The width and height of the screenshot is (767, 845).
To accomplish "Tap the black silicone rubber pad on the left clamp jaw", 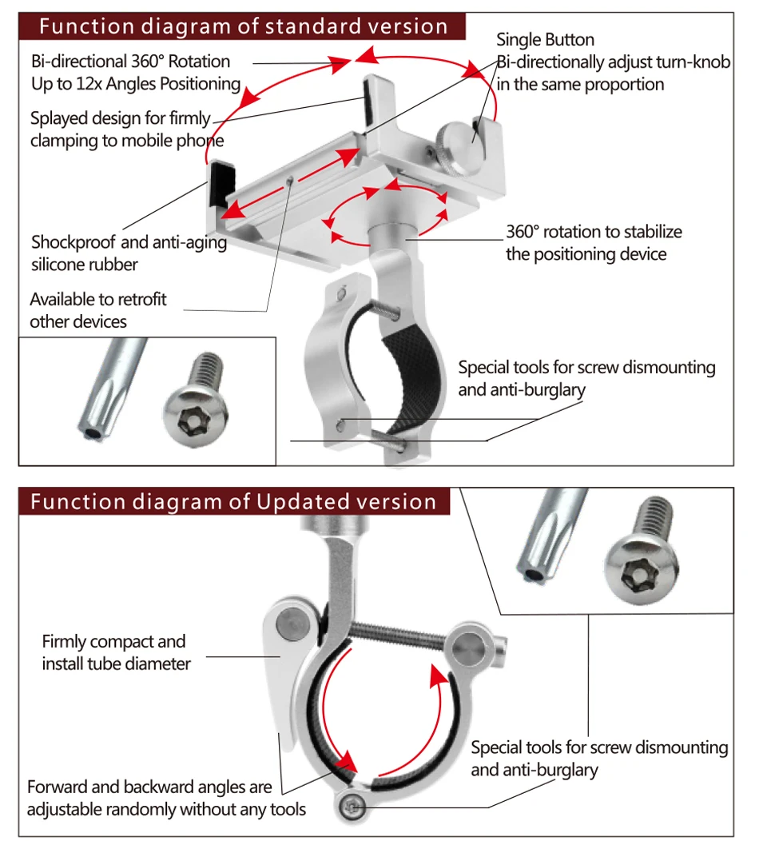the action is click(221, 184).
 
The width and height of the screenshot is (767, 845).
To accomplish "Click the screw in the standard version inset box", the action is click(196, 399).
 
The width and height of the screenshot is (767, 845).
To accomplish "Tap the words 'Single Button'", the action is click(545, 40).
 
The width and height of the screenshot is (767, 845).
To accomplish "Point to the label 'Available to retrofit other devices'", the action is click(98, 310).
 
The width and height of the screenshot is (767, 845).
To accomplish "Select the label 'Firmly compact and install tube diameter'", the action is click(117, 652).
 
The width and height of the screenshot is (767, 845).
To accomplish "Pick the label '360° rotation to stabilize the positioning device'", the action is click(594, 243).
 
